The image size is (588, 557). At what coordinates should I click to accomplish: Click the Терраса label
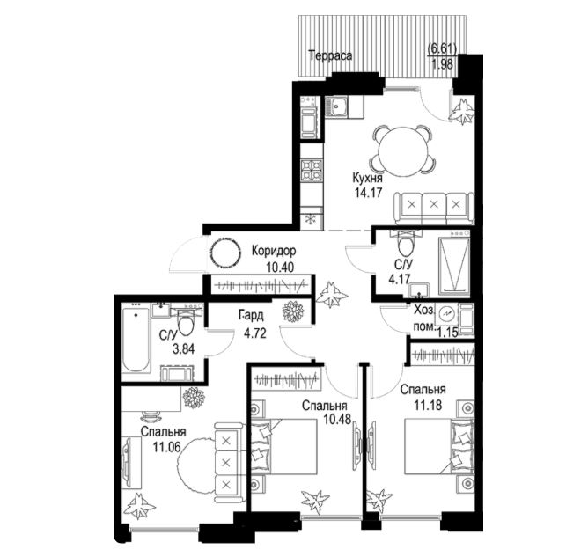tap(330, 55)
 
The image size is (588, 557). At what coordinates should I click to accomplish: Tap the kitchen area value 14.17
tap(368, 193)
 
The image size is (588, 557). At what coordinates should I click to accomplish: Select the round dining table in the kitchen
tap(403, 150)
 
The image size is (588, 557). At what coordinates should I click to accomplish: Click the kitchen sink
tap(336, 106)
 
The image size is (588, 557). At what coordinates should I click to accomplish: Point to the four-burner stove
tap(312, 170)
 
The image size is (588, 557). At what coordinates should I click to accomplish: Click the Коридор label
tap(274, 250)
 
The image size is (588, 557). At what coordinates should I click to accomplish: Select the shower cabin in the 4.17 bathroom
tap(453, 260)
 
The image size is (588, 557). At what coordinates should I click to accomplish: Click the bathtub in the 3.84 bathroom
tap(136, 338)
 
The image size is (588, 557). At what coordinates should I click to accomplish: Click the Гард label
tap(252, 316)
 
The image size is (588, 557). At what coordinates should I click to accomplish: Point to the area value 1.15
tap(448, 332)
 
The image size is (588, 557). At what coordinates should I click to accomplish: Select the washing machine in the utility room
tap(446, 314)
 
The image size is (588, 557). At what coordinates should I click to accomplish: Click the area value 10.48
tap(337, 419)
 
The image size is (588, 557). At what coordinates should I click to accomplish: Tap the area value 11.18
tap(428, 405)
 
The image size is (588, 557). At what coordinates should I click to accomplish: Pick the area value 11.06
tap(166, 446)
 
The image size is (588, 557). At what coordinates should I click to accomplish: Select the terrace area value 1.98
tap(443, 64)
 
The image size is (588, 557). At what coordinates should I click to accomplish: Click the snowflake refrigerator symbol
tap(311, 218)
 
